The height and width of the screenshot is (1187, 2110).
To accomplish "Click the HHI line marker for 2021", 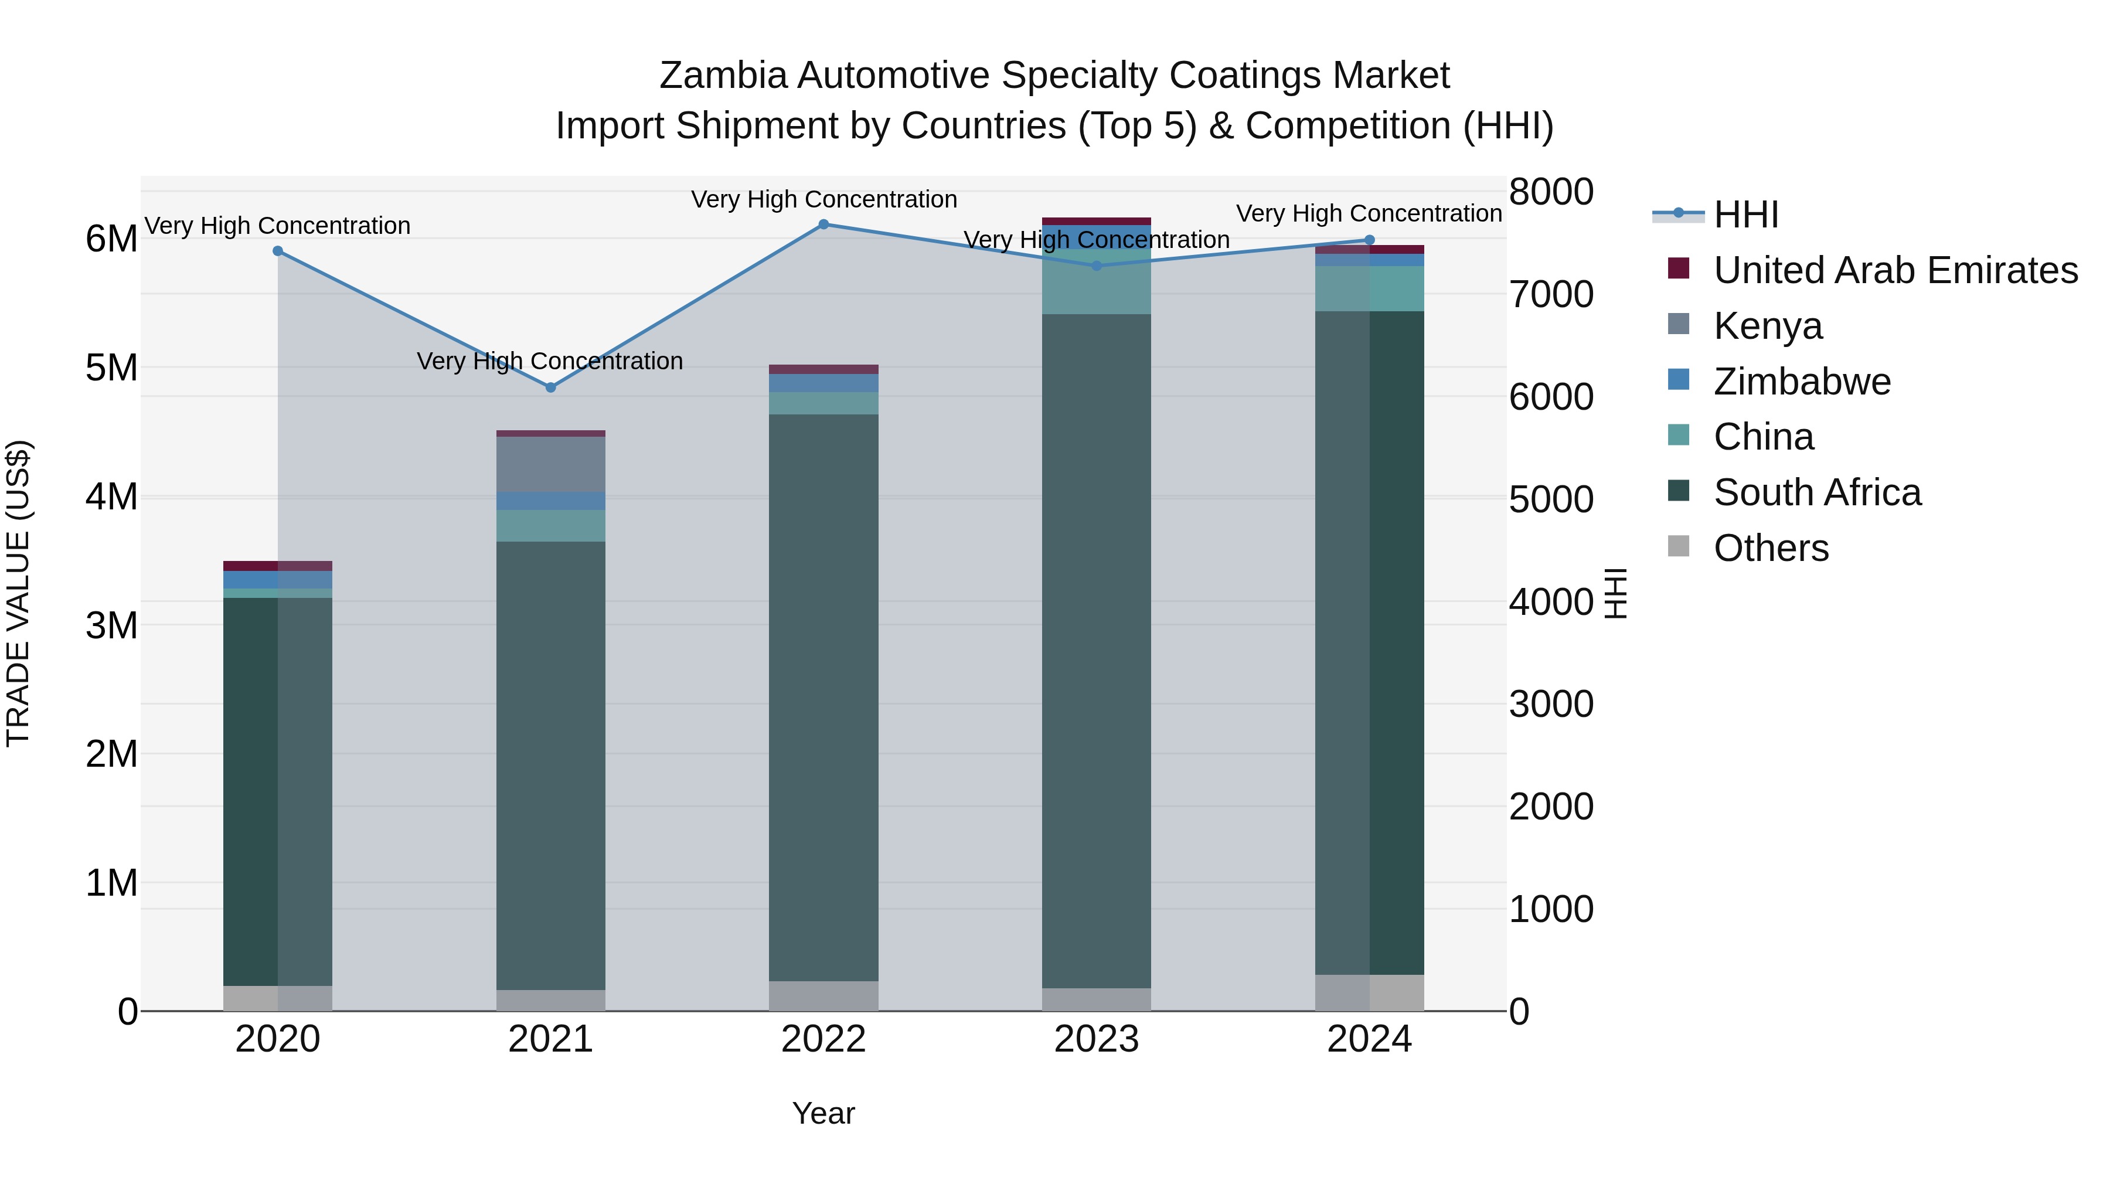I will [x=550, y=387].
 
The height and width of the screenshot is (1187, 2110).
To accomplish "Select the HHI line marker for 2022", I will [x=824, y=225].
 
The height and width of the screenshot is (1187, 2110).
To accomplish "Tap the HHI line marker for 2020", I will [x=278, y=251].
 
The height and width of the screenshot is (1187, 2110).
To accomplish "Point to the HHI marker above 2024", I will [x=1370, y=240].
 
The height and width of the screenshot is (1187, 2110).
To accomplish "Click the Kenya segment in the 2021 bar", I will [x=550, y=464].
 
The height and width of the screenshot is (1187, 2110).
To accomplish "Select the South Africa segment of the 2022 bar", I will [x=824, y=696].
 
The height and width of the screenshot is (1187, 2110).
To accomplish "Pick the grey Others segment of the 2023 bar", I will [x=1096, y=999].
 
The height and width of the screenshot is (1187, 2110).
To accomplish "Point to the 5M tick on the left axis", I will [x=111, y=368].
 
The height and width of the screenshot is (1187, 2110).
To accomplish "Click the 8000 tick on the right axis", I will [x=1550, y=192].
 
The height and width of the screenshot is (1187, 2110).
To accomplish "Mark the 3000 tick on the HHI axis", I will [x=1550, y=705].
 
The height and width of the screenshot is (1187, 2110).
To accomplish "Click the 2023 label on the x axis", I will [x=1096, y=1039].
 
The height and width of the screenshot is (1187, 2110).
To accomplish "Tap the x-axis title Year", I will [x=823, y=1113].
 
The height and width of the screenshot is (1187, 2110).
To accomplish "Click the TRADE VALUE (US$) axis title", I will [x=18, y=593].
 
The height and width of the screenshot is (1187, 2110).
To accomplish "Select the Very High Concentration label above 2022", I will [x=824, y=199].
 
